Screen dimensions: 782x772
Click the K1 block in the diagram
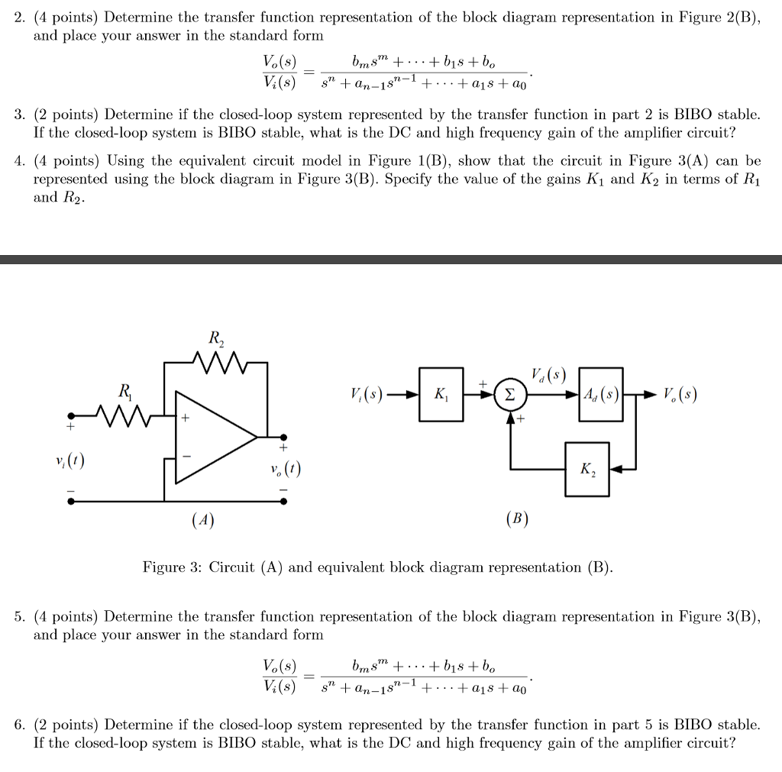pyautogui.click(x=442, y=396)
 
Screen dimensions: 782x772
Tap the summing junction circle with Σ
pyautogui.click(x=510, y=396)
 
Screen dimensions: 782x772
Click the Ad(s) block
pyautogui.click(x=602, y=395)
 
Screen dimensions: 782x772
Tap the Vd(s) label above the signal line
pyautogui.click(x=548, y=375)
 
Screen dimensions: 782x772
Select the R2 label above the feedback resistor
pyautogui.click(x=215, y=338)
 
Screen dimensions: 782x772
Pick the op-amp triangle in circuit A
pyautogui.click(x=210, y=438)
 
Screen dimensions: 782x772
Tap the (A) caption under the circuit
pyautogui.click(x=202, y=520)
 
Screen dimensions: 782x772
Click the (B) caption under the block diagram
pyautogui.click(x=516, y=520)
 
